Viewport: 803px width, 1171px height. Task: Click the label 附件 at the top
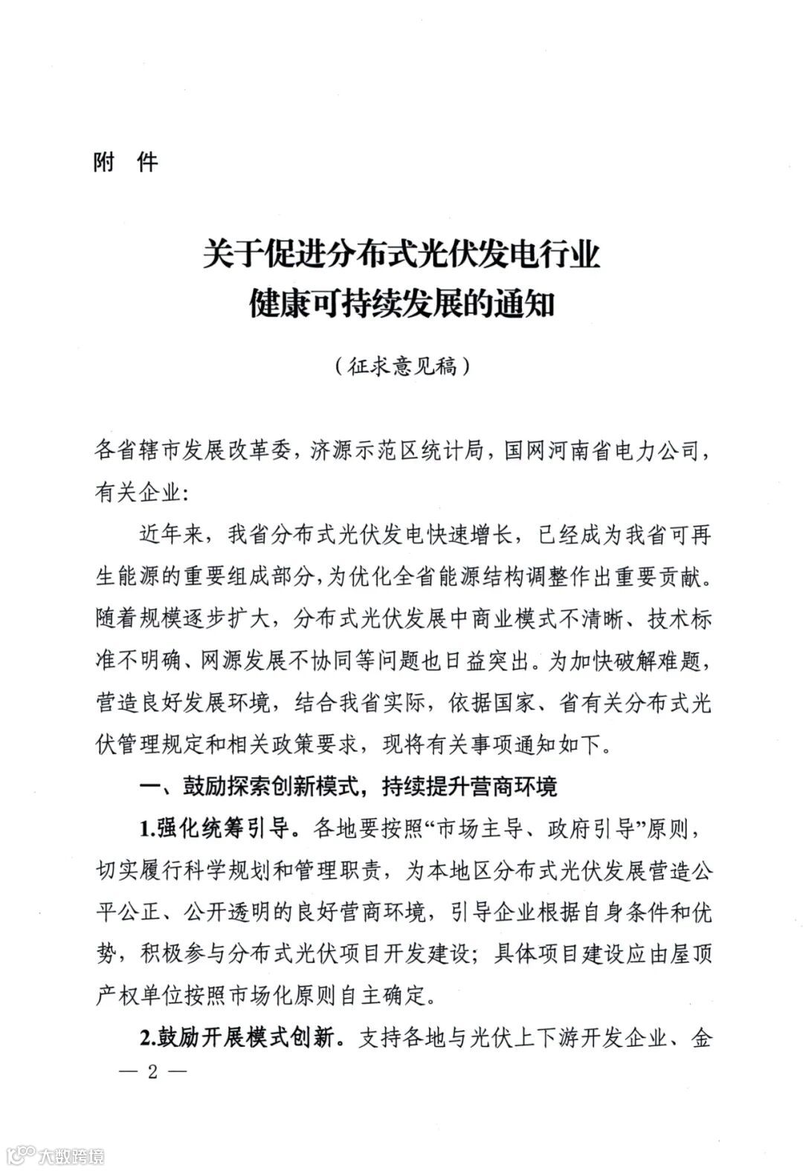[126, 162]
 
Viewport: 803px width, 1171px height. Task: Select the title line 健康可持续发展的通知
[401, 306]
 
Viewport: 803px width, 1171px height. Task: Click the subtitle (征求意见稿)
[401, 366]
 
